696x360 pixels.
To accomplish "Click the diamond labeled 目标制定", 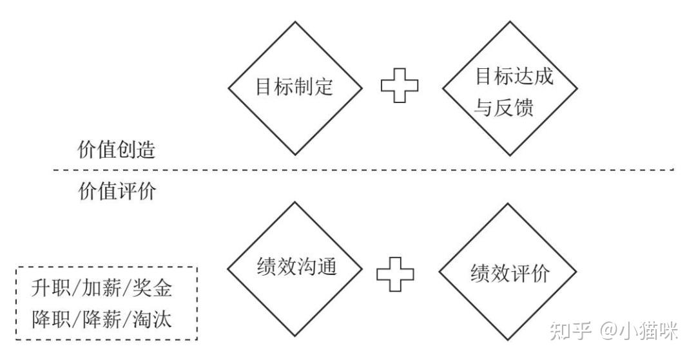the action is click(x=295, y=88).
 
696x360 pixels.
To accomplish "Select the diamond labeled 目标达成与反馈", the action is click(x=510, y=89).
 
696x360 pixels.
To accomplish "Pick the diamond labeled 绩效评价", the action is click(x=510, y=272).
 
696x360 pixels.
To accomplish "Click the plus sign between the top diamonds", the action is click(x=400, y=86).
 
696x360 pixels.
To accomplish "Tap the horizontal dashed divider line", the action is click(x=361, y=170).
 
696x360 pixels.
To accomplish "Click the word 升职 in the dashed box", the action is click(x=48, y=289).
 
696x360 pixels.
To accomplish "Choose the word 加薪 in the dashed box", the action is click(x=102, y=289).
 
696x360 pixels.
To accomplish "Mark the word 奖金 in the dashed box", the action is click(x=155, y=289).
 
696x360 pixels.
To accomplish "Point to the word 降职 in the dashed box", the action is click(x=48, y=319).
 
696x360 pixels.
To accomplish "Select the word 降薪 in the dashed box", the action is click(x=102, y=319).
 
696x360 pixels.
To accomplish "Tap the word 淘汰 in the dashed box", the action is click(x=155, y=319).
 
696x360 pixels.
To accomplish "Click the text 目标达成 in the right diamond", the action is click(x=514, y=77).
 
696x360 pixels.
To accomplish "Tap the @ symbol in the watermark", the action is click(x=608, y=332).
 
